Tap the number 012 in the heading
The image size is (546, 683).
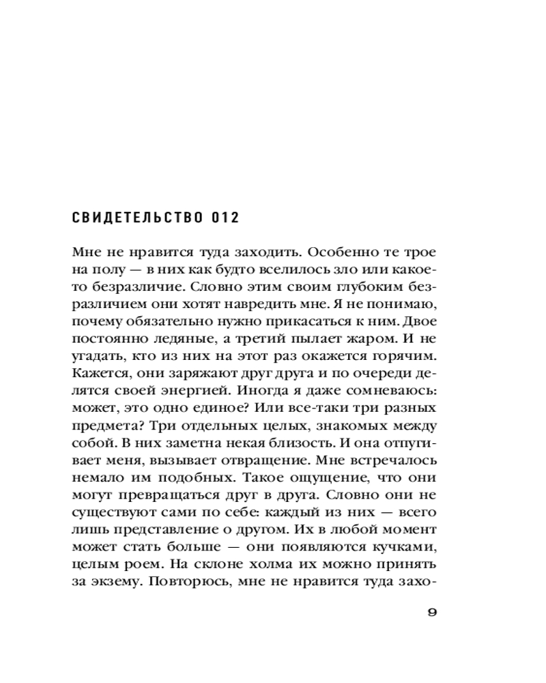(x=222, y=219)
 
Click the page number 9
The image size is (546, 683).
(x=431, y=611)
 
